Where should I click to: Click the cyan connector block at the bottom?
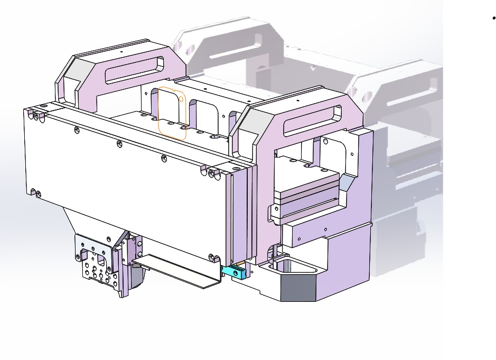[x=233, y=272]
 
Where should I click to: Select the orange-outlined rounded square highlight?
[x=172, y=113]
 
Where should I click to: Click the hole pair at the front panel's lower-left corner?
[x=35, y=192]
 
